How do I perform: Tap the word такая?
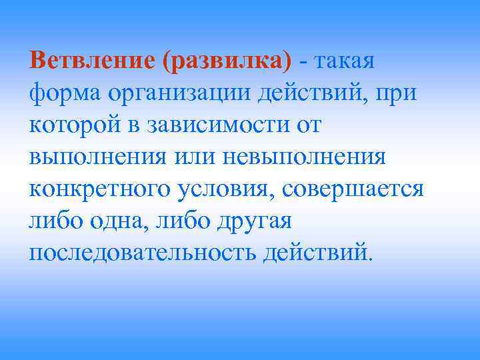click(345, 61)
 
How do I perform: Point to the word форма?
click(62, 93)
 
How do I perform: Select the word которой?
click(73, 126)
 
